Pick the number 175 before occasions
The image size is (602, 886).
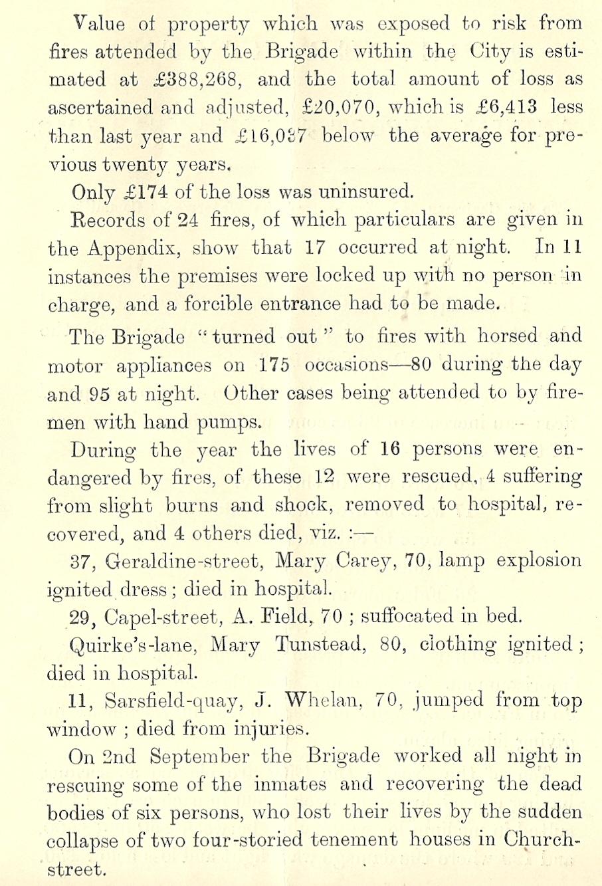(274, 365)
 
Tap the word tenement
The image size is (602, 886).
(355, 840)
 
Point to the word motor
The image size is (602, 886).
(74, 366)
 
